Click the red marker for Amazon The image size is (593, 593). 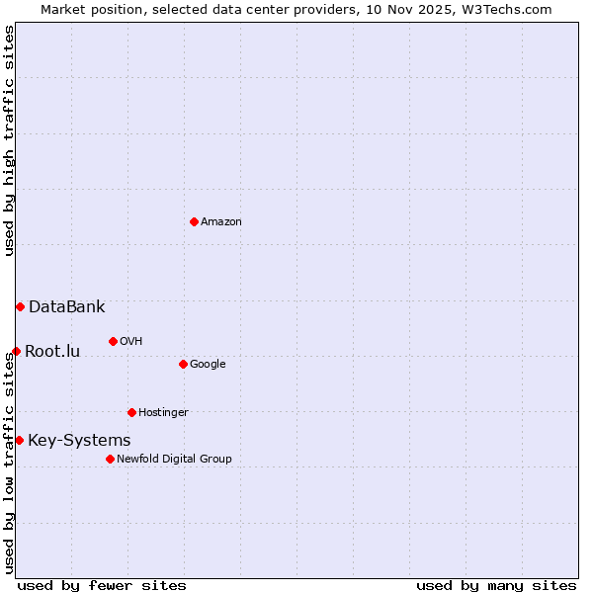(x=194, y=221)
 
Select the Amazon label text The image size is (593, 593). (x=221, y=222)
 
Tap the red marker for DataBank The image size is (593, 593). (x=20, y=306)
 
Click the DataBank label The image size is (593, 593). (x=66, y=307)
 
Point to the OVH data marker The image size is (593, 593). (x=113, y=341)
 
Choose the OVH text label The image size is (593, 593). (x=131, y=342)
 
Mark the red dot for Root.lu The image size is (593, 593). (x=16, y=351)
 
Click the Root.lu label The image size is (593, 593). (x=52, y=352)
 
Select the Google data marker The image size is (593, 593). (x=183, y=364)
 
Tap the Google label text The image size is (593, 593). (x=208, y=365)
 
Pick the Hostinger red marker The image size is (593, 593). (x=131, y=412)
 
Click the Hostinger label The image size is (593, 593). (x=163, y=413)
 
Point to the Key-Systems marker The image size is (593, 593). (x=19, y=440)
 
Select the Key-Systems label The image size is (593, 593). (x=79, y=441)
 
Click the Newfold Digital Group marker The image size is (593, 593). (x=110, y=459)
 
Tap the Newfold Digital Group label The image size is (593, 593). (x=174, y=460)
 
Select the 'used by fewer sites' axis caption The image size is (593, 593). (x=102, y=585)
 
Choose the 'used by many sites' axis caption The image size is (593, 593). (x=495, y=585)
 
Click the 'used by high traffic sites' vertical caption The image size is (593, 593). (x=9, y=140)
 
